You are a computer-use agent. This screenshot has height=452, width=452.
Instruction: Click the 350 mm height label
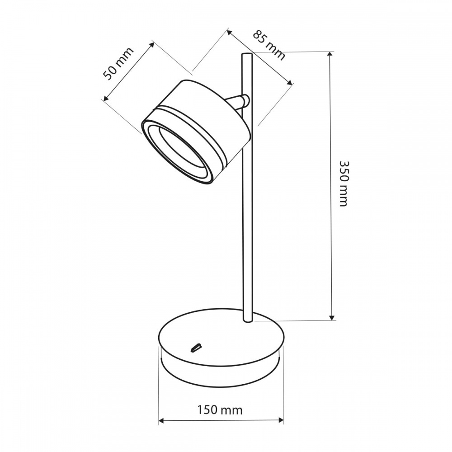point(343,183)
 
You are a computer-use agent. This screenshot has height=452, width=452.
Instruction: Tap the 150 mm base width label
point(220,410)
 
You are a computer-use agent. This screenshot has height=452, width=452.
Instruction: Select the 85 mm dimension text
point(269,45)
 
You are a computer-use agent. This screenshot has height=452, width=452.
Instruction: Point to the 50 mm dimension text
point(119,64)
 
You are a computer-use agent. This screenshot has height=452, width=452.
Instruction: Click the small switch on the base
point(195,348)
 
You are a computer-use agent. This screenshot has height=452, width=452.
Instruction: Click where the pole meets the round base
point(248,320)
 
